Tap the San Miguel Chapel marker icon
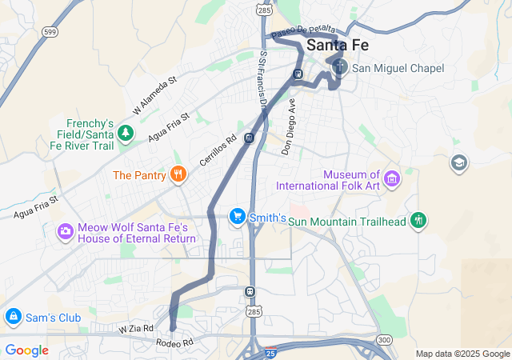point(340,67)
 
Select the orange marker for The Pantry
point(178,174)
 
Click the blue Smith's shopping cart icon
point(237,217)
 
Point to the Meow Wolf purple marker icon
point(65,231)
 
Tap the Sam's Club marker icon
point(11,318)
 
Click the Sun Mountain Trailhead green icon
point(418,220)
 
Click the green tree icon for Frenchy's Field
point(125,134)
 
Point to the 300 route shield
point(384,340)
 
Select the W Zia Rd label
point(135,329)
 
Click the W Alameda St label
point(154,94)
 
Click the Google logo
point(26,350)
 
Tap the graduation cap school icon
point(459,163)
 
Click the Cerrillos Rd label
point(218,150)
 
